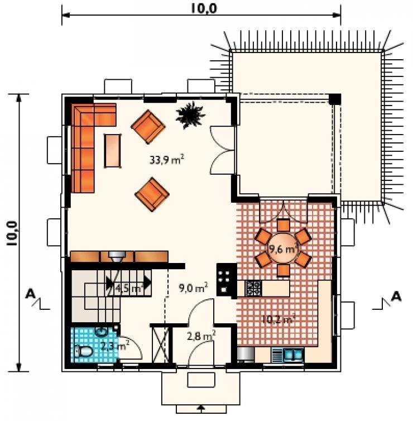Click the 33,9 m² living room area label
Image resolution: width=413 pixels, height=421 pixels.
pyautogui.click(x=167, y=160)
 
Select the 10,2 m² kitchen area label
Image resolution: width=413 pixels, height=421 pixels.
pyautogui.click(x=278, y=319)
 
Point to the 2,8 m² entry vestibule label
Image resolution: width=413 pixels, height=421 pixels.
pyautogui.click(x=201, y=336)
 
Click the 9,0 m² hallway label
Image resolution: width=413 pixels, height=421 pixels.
pyautogui.click(x=193, y=288)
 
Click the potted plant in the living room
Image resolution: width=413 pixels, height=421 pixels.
pyautogui.click(x=190, y=114)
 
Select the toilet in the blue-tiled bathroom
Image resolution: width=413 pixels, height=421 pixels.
pyautogui.click(x=83, y=351)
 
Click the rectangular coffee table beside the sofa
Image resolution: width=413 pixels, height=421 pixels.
pyautogui.click(x=113, y=151)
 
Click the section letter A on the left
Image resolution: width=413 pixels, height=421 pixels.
pyautogui.click(x=30, y=295)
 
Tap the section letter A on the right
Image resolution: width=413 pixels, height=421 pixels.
pyautogui.click(x=396, y=296)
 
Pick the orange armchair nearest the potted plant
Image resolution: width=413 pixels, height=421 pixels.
pyautogui.click(x=148, y=126)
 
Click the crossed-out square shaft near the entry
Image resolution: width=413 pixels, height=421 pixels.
pyautogui.click(x=161, y=345)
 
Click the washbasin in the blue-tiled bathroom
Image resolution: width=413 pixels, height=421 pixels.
pyautogui.click(x=102, y=331)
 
